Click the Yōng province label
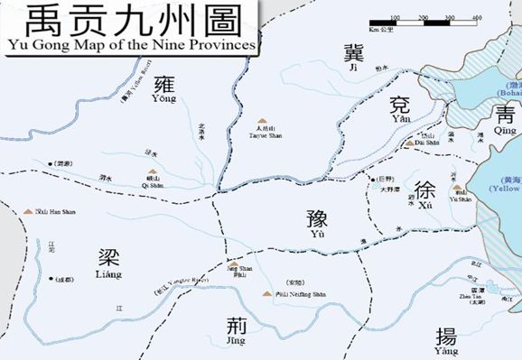(x=163, y=90)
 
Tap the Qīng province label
(x=504, y=119)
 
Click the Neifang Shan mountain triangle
(x=266, y=293)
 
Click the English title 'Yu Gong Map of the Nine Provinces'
(x=129, y=42)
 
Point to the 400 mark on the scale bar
(x=476, y=18)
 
